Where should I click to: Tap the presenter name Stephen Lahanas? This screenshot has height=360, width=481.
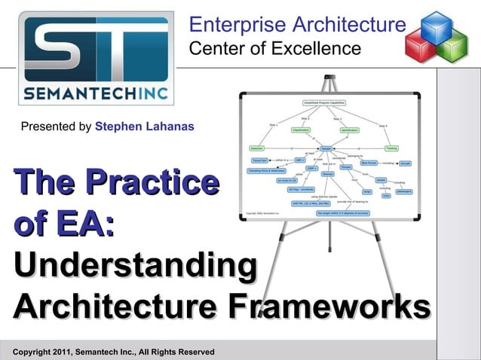[145, 127]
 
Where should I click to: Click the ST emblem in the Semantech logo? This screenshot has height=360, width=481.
[96, 49]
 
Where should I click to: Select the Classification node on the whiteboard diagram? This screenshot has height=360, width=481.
[301, 130]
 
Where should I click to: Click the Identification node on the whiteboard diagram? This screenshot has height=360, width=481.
[350, 131]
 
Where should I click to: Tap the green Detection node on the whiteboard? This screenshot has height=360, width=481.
[257, 149]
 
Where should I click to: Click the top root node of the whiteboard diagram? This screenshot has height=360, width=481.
[325, 102]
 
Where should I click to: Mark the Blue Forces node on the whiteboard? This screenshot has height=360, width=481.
[370, 162]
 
